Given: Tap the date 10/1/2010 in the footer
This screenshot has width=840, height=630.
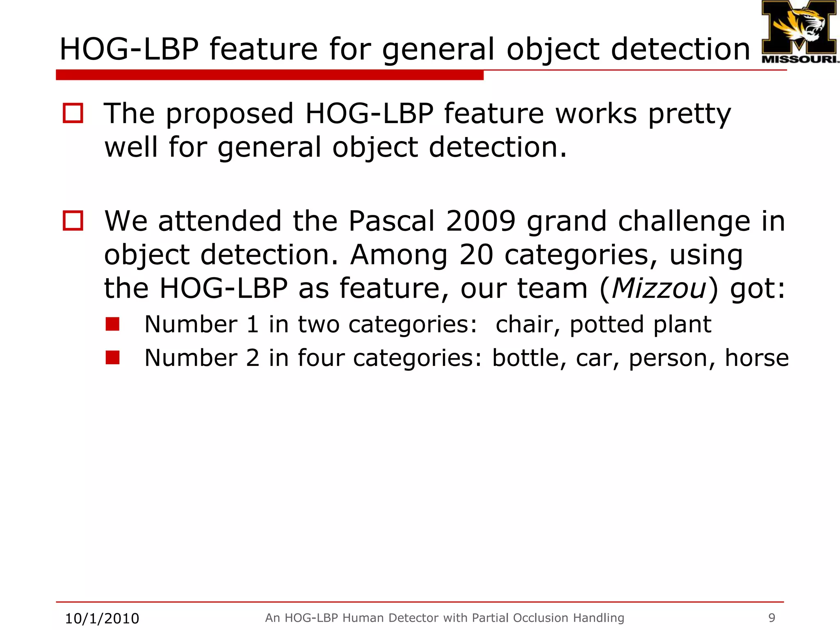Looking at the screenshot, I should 102,618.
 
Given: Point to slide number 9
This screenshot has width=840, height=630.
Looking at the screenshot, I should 772,617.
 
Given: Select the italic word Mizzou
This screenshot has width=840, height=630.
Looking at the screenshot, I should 659,288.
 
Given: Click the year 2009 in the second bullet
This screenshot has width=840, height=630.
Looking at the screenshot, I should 480,221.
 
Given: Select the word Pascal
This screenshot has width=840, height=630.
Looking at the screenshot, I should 391,221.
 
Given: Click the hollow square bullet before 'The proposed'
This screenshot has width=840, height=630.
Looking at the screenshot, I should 73,113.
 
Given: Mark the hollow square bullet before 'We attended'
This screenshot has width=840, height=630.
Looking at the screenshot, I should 73,221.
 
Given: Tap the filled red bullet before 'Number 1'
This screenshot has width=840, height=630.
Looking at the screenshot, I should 112,324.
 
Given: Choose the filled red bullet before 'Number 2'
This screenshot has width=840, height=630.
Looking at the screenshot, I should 112,357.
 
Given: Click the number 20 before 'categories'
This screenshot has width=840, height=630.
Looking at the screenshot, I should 476,255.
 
